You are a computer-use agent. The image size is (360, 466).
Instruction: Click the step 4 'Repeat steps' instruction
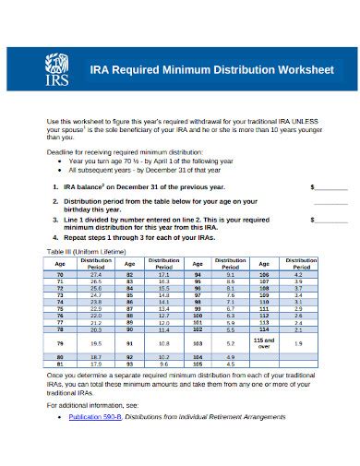150,238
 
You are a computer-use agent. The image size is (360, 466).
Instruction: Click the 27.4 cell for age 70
96,275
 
